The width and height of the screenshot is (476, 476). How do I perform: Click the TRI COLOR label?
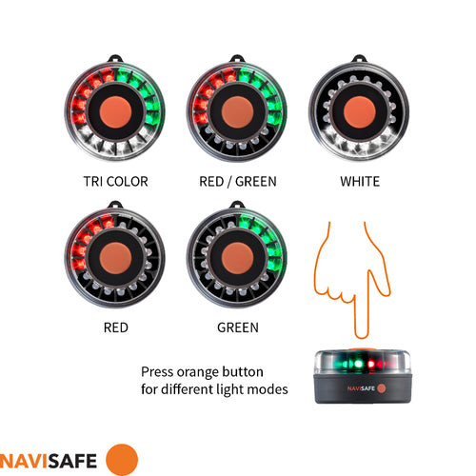click(114, 181)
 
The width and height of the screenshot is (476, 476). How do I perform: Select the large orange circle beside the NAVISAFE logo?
click(121, 459)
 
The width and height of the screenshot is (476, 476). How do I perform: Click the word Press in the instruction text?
click(158, 371)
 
